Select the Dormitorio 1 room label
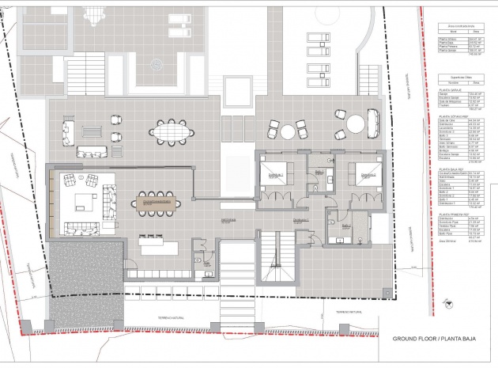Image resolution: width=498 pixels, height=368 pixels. [x=274, y=175]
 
